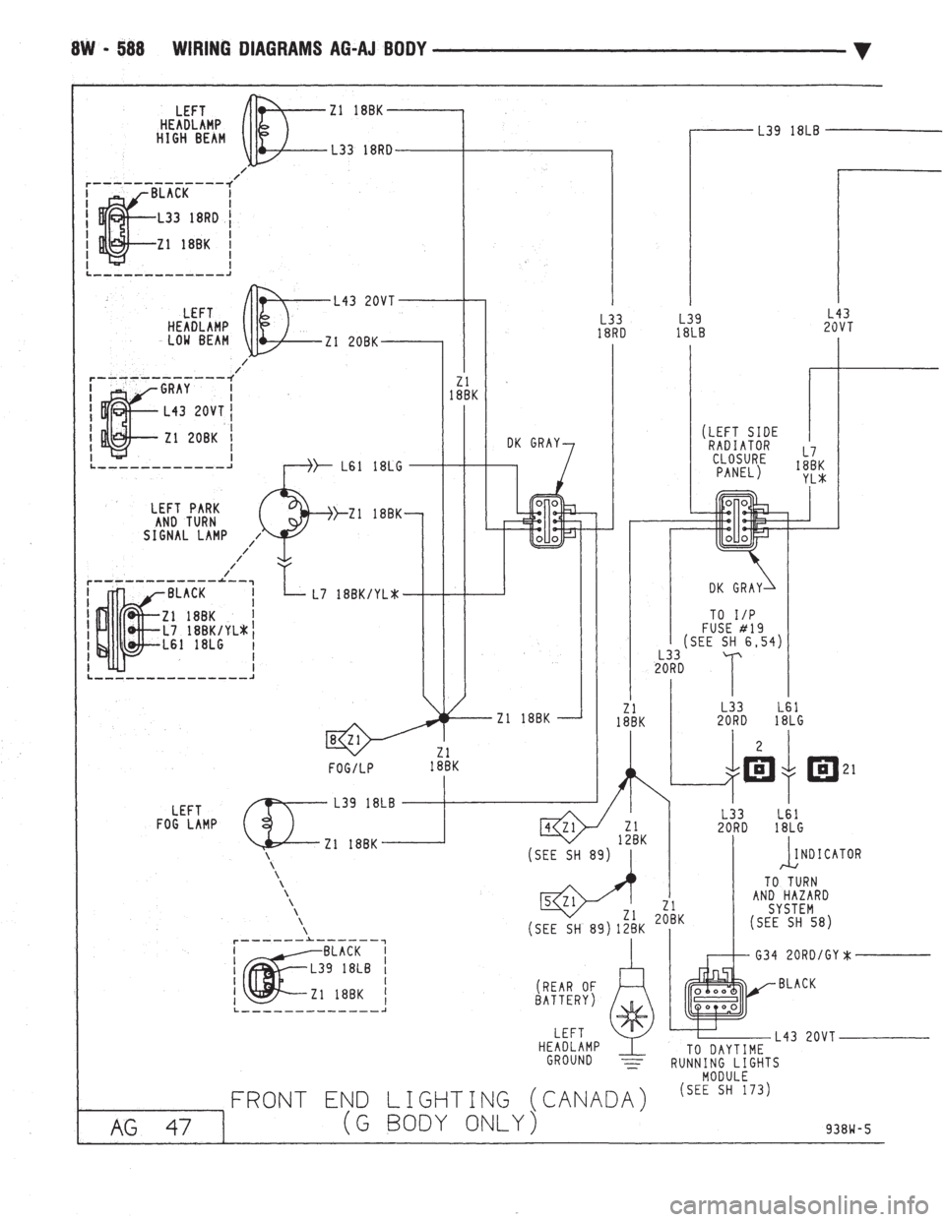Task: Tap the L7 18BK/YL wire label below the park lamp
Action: click(x=355, y=594)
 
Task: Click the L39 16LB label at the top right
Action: click(x=787, y=129)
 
